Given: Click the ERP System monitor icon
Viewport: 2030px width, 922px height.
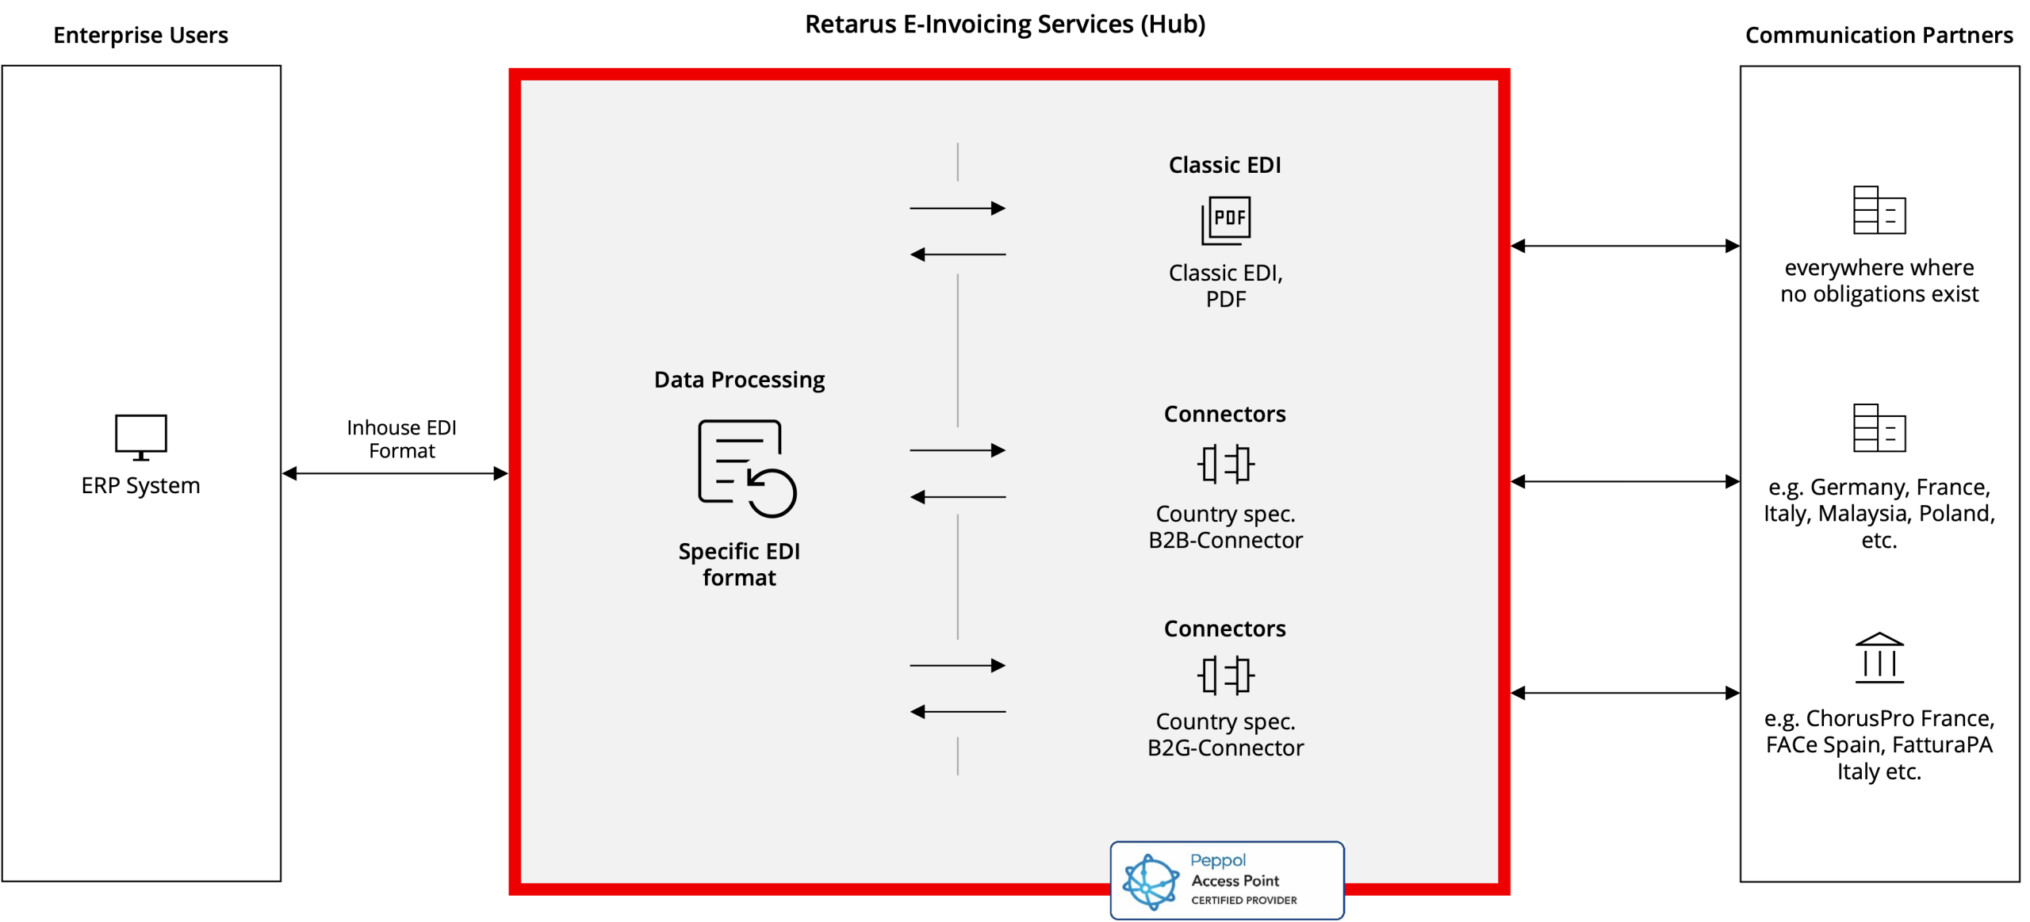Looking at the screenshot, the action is pos(140,437).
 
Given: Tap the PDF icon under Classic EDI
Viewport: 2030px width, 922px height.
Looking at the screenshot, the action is pos(1225,220).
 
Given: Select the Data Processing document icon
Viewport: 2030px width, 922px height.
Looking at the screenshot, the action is pos(746,469).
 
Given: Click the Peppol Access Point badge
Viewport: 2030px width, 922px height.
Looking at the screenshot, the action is pos(1227,880).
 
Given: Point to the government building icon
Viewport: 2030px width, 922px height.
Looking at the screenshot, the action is pos(1879,657).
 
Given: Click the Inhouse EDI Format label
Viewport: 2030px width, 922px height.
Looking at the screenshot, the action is pos(401,439).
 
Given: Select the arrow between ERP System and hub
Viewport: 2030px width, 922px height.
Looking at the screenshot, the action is pos(395,473).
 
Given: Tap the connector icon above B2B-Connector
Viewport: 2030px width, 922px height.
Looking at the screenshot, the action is pos(1225,464).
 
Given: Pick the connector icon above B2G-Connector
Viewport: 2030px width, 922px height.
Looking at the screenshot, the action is pos(1225,675).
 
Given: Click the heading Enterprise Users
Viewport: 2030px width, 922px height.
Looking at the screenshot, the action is pos(140,36).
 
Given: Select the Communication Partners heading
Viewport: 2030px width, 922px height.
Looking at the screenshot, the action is pos(1879,36).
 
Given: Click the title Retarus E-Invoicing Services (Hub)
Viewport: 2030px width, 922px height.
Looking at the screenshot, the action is pos(1005,25).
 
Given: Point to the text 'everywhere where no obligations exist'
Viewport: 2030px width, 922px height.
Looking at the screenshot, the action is pos(1879,281).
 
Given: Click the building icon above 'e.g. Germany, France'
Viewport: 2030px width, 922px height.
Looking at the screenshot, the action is pos(1879,428).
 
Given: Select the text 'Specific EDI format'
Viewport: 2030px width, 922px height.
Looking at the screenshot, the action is pos(739,564).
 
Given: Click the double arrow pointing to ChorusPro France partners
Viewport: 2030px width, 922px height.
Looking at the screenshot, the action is pos(1625,693).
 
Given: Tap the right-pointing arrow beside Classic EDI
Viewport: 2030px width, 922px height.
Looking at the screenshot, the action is pos(957,209).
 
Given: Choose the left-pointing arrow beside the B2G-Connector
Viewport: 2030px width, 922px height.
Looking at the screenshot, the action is pos(957,712).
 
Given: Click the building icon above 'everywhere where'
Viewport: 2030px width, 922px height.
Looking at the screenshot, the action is pos(1879,210).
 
